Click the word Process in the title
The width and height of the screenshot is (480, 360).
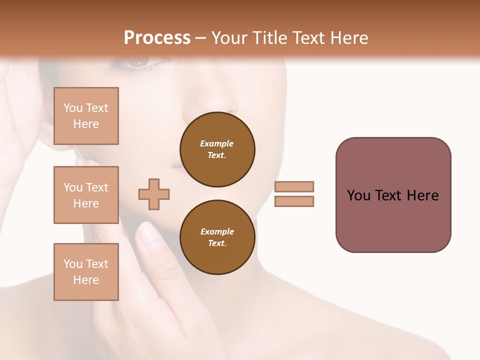[157, 37]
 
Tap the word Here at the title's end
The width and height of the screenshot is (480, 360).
[347, 37]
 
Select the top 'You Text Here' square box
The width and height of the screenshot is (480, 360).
[86, 116]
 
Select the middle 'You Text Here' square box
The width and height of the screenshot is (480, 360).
[86, 195]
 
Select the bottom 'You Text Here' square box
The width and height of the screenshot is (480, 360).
[86, 271]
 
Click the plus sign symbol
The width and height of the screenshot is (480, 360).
[154, 194]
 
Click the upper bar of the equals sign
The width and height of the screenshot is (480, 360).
[294, 186]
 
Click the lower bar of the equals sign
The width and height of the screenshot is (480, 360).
[294, 201]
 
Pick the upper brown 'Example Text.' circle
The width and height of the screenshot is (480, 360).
[217, 149]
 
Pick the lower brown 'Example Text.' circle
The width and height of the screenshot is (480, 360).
[217, 237]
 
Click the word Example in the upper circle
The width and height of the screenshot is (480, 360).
[216, 143]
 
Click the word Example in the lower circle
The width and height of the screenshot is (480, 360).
[217, 231]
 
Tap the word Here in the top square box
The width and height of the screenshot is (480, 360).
[86, 124]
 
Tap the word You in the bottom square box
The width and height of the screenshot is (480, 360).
[72, 264]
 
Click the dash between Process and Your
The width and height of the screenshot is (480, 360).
[200, 38]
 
